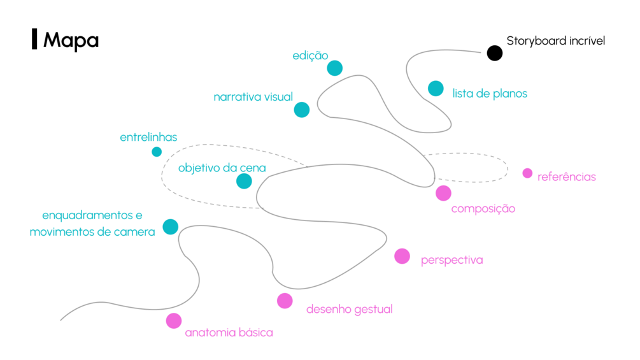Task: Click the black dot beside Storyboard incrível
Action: tap(495, 53)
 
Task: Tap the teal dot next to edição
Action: tap(334, 68)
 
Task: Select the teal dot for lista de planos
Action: tap(436, 89)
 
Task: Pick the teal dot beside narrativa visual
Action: tap(302, 110)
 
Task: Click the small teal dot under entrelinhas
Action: tap(157, 152)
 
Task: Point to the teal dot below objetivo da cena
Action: tap(244, 181)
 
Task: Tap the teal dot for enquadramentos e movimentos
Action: tap(170, 226)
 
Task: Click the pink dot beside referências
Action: tap(527, 173)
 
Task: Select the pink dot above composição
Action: tap(443, 193)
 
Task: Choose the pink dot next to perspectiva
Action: tap(402, 256)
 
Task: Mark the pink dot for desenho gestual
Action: tap(285, 301)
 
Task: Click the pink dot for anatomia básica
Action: tap(174, 320)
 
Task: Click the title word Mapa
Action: tap(71, 40)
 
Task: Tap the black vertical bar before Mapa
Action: tap(34, 40)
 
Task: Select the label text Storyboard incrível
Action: tap(555, 41)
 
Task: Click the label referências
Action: tap(566, 176)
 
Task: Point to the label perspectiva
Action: tap(452, 260)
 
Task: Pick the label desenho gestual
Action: tap(349, 309)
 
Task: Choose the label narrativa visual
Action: tap(253, 97)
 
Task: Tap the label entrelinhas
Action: tap(148, 137)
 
